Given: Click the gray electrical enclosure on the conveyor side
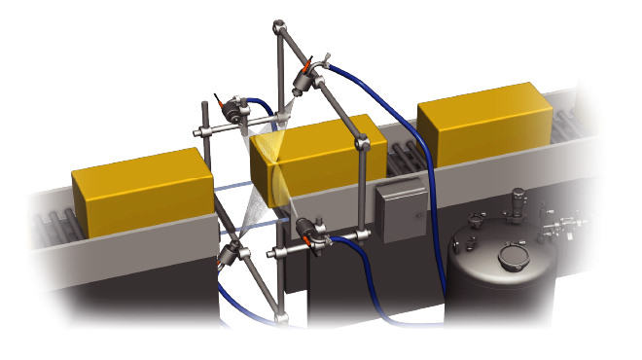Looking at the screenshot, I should pyautogui.click(x=399, y=213).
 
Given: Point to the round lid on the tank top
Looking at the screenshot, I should pyautogui.click(x=512, y=257).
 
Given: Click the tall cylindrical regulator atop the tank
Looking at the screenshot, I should pyautogui.click(x=521, y=206).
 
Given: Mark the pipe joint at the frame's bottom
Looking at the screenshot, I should pyautogui.click(x=282, y=317).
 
